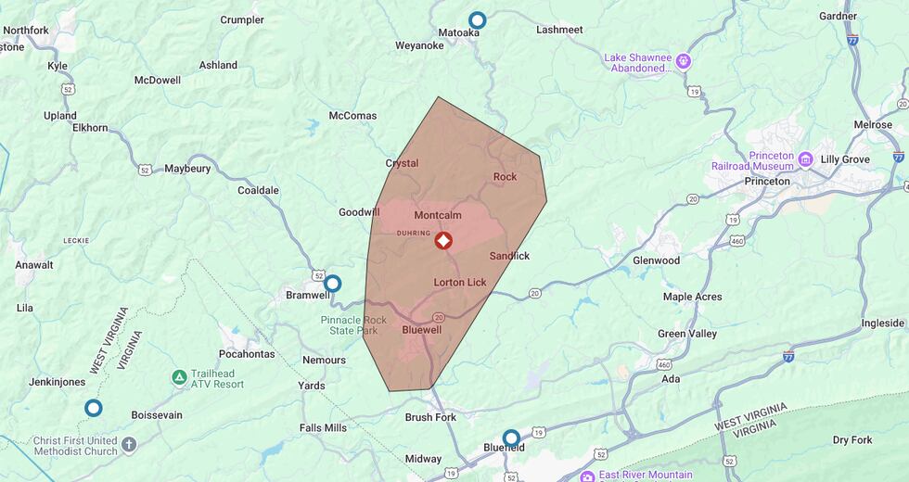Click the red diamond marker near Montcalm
[x=443, y=241]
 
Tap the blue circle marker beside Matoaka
[x=478, y=20]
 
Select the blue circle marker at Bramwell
[x=332, y=284]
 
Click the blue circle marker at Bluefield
[x=511, y=438]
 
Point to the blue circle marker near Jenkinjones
[x=93, y=408]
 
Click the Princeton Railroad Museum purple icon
[x=805, y=159]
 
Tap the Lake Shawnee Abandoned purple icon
[x=684, y=62]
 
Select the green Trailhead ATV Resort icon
[x=178, y=378]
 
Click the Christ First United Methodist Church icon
[x=129, y=445]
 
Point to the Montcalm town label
[x=438, y=215]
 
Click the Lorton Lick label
[x=460, y=282]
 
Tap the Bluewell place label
[x=422, y=330]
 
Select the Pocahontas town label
[x=247, y=354]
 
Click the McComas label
[x=352, y=116]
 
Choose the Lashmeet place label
[x=559, y=30]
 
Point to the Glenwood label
[x=656, y=260]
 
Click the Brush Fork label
[x=430, y=417]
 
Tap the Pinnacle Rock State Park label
[x=350, y=325]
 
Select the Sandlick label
[x=509, y=255]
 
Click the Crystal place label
[x=402, y=163]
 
